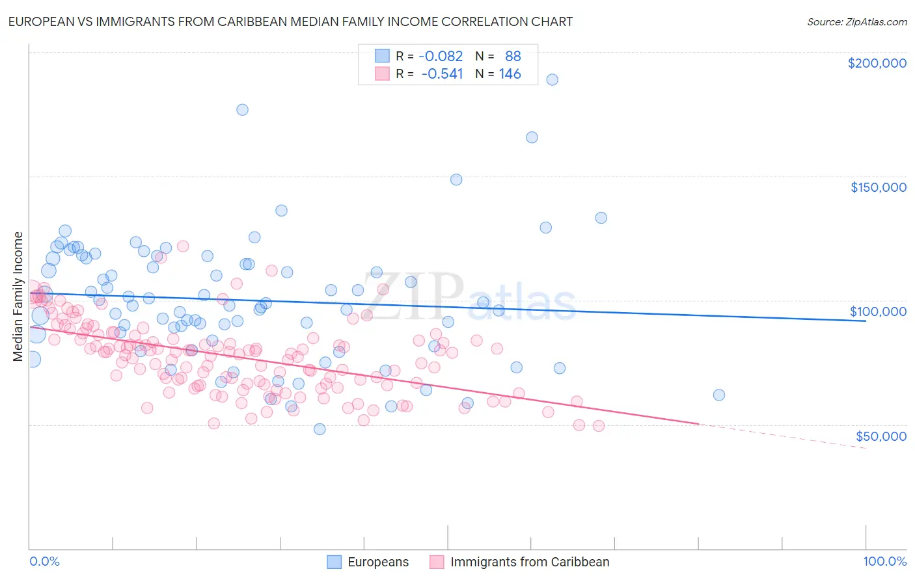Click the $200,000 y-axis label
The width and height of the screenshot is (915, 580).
click(877, 63)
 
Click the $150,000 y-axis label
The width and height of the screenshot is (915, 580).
click(878, 187)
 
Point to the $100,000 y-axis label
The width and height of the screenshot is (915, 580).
click(878, 311)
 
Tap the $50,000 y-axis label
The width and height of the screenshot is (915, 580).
click(881, 436)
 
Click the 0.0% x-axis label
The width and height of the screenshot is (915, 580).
click(44, 562)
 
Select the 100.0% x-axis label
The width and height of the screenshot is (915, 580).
click(884, 562)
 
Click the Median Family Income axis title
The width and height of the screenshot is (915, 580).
click(18, 297)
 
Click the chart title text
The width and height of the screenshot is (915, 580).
click(291, 21)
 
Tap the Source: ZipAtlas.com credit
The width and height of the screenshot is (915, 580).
click(856, 21)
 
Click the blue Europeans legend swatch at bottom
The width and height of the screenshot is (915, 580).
click(334, 562)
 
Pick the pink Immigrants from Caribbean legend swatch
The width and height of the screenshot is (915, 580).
click(437, 562)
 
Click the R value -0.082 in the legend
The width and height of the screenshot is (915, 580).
click(441, 56)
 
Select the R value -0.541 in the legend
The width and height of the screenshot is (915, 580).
click(442, 73)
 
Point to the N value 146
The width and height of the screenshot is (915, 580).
click(510, 73)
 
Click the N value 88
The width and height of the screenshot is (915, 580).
click(513, 56)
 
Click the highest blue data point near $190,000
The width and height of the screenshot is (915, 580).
click(552, 79)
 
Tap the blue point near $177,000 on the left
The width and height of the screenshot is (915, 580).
click(242, 109)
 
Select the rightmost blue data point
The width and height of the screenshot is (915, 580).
click(718, 395)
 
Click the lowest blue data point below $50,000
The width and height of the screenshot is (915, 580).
click(320, 428)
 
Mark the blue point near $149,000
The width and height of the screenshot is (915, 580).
click(456, 179)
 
